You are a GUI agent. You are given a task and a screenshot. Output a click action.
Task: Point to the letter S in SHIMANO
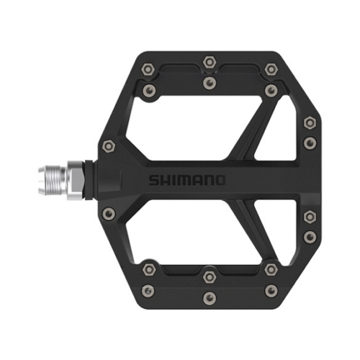click(153, 180)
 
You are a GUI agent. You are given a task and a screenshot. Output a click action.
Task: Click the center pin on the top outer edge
click(209, 61)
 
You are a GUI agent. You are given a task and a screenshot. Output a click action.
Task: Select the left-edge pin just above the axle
click(109, 145)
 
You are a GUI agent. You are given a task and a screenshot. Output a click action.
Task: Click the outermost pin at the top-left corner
click(148, 69)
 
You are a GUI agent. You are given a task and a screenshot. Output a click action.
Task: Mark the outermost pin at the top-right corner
click(271, 69)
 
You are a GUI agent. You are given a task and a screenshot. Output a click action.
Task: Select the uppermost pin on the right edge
click(309, 121)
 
